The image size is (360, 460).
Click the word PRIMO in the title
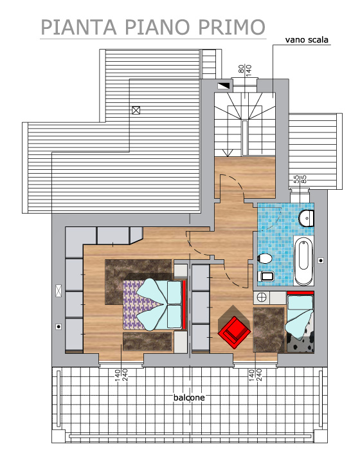(231, 26)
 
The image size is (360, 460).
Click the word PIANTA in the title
(78, 26)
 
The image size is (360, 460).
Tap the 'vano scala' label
(307, 40)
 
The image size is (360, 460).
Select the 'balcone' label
(189, 398)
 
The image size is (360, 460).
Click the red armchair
(234, 332)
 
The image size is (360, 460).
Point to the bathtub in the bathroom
(303, 261)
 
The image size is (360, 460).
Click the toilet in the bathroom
(265, 259)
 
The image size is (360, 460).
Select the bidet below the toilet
(266, 277)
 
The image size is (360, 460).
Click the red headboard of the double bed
(184, 304)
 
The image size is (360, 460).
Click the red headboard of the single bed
(300, 293)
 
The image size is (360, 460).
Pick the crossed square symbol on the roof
(136, 110)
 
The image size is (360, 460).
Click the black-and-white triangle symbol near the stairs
(223, 86)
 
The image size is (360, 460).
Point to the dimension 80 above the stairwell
(241, 69)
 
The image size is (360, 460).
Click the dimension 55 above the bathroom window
(296, 179)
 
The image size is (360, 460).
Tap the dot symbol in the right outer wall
(321, 260)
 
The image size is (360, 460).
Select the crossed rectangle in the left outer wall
(59, 291)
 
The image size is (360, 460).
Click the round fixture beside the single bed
(262, 297)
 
